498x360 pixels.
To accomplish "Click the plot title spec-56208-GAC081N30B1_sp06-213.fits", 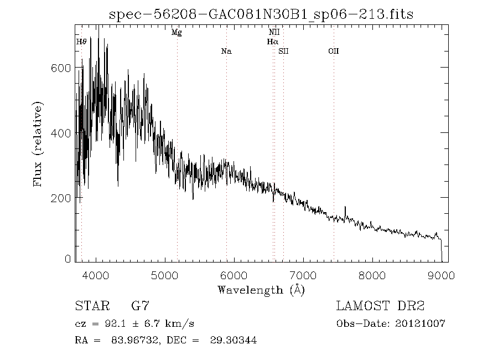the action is coord(261,14).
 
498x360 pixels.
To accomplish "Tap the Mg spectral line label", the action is coord(177,33).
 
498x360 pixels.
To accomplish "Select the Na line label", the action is coord(226,51).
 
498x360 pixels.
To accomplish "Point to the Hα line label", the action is coord(272,42).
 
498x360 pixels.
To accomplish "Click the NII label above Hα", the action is coord(274,32).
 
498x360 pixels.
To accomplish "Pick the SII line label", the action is coord(283,51).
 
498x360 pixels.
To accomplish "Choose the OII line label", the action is coord(334,51).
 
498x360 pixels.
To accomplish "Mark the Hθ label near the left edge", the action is coord(81,42).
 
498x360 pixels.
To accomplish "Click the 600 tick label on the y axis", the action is coord(61,68).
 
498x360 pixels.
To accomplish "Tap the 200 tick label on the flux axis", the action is coord(61,198).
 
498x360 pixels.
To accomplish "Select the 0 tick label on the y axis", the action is coord(68,259).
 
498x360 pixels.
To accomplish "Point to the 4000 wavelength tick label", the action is coord(95,275).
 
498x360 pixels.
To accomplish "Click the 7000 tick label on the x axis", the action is coord(303,275).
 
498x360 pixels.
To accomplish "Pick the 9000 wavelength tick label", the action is coord(441,275).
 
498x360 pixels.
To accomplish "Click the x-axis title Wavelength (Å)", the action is coord(261,290).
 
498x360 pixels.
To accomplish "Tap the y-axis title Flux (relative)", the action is coord(38,144).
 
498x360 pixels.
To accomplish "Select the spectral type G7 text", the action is coord(140,306).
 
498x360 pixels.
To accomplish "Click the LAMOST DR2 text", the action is coord(380,306).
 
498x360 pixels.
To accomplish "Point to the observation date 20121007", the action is coord(420,324).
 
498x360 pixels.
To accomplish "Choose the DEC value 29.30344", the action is coord(234,340).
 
